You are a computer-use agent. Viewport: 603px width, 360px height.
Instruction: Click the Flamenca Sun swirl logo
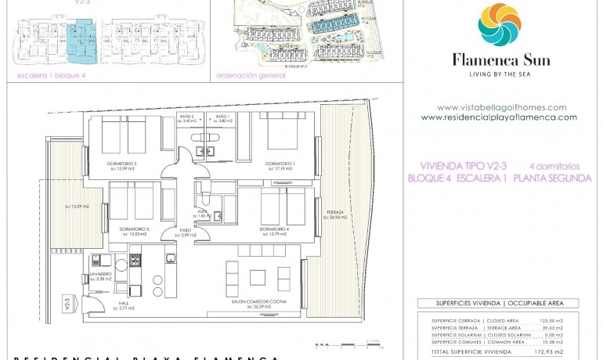499,25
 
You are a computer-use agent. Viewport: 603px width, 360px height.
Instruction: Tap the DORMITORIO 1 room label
280,163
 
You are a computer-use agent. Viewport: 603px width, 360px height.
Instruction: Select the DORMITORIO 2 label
121,163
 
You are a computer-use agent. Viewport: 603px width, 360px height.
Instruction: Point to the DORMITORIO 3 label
135,229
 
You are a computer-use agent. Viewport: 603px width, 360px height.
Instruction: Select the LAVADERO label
100,274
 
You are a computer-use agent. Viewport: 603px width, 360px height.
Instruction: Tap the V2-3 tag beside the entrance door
65,301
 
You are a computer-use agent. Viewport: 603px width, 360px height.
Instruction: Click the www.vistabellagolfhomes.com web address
501,108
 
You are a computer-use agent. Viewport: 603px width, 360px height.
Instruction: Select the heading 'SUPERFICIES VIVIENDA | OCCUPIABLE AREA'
497,304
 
